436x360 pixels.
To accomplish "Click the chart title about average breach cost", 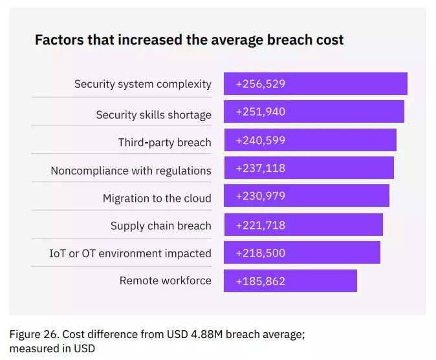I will click(189, 40).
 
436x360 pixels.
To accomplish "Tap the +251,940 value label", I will click(261, 112).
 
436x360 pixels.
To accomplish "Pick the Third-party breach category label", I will click(164, 142).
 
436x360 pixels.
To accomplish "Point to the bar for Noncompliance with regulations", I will click(336, 168).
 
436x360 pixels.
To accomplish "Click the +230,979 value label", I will click(261, 196).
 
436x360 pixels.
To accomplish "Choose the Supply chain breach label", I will click(160, 226).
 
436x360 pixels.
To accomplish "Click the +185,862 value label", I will click(261, 281).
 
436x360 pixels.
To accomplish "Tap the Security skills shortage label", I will click(153, 114).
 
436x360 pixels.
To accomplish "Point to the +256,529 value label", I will click(261, 84).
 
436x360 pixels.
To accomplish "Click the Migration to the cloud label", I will click(157, 198).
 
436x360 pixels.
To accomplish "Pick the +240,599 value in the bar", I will click(261, 140).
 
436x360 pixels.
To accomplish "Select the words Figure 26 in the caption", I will click(31, 334).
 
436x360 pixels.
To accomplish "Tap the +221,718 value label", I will click(261, 225).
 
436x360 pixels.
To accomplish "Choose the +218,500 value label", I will click(261, 253).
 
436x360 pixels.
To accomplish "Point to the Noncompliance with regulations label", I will click(131, 171).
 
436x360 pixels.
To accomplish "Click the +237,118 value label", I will click(261, 168).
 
